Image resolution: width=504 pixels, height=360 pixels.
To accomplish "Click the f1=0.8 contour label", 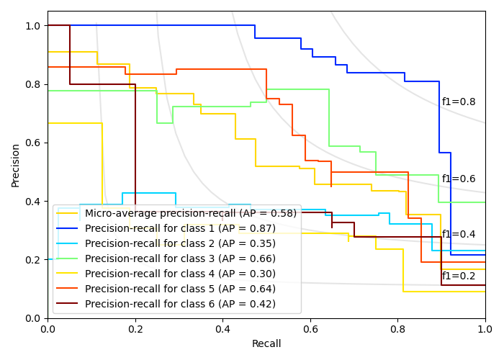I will [459, 102].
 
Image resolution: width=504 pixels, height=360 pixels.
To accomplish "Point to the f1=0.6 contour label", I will [459, 179].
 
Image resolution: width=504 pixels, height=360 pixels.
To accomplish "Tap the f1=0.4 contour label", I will [459, 235].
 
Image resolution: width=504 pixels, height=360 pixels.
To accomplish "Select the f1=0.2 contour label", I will [459, 276].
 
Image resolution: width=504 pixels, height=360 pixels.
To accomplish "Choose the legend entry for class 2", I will [180, 243].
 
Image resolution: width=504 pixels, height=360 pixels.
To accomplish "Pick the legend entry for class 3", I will [180, 258].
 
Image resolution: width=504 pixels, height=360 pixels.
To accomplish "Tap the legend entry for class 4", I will [180, 274].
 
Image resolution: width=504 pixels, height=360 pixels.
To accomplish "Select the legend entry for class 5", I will [180, 289].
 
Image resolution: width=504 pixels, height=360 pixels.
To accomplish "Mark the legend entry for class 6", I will [180, 304].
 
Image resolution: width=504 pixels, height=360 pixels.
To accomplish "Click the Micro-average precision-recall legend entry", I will [190, 213].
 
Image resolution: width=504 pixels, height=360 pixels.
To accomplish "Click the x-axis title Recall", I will [266, 344].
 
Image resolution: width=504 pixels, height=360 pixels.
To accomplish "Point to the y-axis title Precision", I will [16, 165].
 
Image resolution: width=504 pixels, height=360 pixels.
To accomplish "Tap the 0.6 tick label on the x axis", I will [310, 329].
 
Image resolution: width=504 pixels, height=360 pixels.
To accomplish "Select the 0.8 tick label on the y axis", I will [32, 84].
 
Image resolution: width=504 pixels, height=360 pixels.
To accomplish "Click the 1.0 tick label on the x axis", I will [485, 329].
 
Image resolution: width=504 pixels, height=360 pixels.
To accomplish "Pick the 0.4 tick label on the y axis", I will [32, 202].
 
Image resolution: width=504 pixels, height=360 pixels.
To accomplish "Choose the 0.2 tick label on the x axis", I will [135, 329].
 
